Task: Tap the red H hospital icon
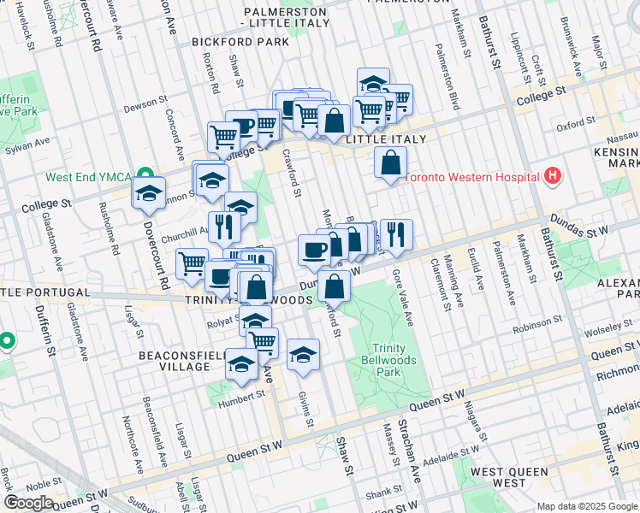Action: [x=554, y=176]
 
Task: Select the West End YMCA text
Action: [x=88, y=178]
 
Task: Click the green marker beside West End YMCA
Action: [x=146, y=177]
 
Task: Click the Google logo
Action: [x=28, y=502]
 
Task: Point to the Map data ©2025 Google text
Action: [x=587, y=506]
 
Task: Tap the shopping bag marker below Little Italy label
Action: [x=390, y=162]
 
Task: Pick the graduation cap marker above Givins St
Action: [x=303, y=354]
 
